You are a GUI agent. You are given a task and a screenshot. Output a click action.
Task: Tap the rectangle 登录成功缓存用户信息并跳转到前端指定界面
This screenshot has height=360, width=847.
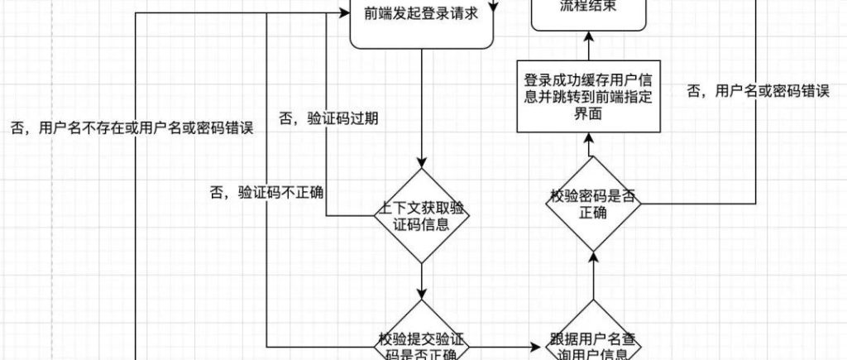[x=590, y=96]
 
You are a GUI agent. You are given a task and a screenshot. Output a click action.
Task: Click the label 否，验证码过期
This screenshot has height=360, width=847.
[x=328, y=118]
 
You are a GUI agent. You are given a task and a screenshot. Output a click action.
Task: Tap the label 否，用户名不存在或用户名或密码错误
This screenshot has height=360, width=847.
[x=131, y=128]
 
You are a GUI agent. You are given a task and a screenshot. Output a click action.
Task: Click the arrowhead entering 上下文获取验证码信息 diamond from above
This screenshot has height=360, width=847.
[x=423, y=162]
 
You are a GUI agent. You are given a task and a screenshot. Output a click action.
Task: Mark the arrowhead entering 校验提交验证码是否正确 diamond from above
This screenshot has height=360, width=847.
[x=423, y=295]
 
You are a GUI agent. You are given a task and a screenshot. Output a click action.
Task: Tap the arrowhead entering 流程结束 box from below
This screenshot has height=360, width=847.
[x=589, y=37]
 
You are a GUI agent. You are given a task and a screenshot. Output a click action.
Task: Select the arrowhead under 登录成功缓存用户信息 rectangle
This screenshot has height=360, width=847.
[x=590, y=138]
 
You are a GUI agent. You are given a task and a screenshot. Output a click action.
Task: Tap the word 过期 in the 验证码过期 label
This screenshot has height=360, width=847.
[x=364, y=118]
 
